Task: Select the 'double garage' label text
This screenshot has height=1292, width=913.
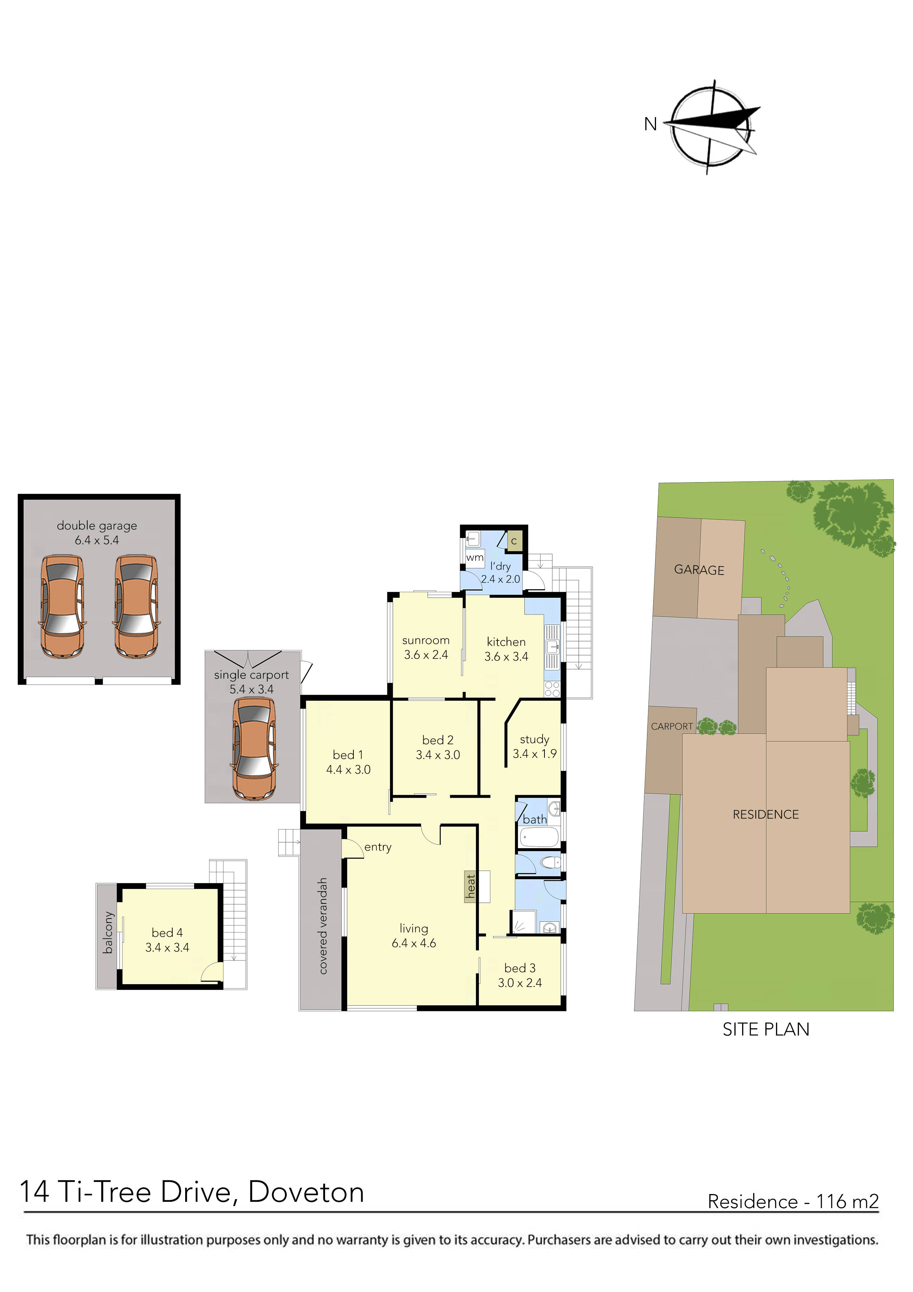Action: [97, 526]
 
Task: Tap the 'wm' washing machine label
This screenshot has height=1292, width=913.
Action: [475, 558]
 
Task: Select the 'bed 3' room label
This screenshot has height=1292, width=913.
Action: [520, 968]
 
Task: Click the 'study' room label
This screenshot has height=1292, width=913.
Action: [535, 740]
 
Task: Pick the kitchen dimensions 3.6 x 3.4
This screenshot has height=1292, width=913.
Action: [506, 657]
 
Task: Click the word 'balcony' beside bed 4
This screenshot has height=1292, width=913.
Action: [107, 933]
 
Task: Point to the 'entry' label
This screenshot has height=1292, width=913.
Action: [377, 847]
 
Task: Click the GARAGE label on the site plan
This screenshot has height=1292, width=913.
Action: [699, 570]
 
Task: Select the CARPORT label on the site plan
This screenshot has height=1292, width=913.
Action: [671, 726]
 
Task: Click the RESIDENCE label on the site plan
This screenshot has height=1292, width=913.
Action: [766, 814]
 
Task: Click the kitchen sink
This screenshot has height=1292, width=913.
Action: [553, 647]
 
